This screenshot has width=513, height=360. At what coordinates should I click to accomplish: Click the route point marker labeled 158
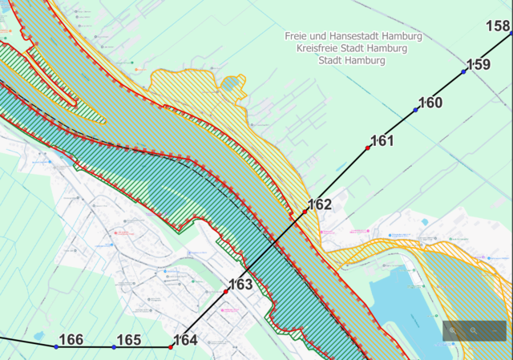(x=511, y=34)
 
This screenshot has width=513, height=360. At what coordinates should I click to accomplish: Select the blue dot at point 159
(x=464, y=72)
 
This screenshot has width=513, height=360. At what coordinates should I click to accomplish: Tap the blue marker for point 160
(x=416, y=109)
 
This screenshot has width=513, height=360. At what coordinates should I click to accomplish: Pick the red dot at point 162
(x=305, y=212)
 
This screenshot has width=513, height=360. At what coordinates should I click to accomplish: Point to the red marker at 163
(x=226, y=292)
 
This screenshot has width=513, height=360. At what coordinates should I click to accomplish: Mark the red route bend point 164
(x=171, y=347)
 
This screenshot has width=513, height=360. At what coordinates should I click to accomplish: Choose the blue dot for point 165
(x=115, y=347)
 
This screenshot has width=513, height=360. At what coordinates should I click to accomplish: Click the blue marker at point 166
(x=56, y=346)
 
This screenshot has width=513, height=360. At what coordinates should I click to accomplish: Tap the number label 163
(x=240, y=284)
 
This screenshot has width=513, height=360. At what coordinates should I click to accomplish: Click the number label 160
(x=430, y=103)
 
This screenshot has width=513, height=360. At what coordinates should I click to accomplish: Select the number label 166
(x=71, y=340)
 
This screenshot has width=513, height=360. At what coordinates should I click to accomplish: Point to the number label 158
(x=498, y=26)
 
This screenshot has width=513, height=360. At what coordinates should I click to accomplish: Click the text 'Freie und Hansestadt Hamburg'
(x=353, y=37)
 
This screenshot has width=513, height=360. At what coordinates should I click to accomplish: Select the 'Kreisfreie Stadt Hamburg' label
(x=352, y=48)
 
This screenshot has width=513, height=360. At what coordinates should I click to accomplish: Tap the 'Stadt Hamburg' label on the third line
(x=352, y=60)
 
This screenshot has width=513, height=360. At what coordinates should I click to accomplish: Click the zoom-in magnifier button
(x=453, y=330)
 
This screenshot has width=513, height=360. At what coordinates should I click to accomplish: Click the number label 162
(x=319, y=204)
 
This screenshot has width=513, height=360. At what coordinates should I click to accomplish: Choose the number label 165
(x=129, y=340)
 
